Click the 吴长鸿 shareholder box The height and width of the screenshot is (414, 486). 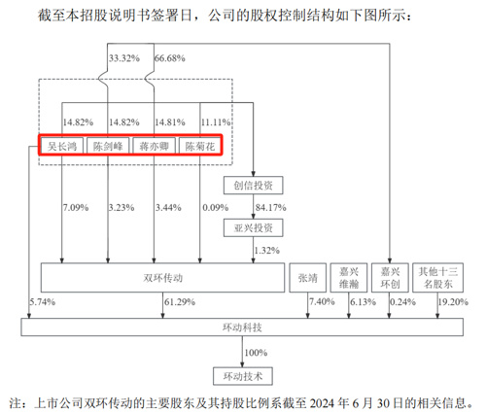tap(62, 146)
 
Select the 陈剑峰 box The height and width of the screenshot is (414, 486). tap(108, 146)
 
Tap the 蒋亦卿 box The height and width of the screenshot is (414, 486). tap(154, 146)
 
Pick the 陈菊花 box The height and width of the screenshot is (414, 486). tap(200, 146)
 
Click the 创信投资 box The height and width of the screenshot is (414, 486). tap(253, 186)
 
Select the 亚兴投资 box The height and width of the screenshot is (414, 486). tap(253, 227)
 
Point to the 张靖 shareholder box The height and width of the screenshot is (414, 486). tap(307, 278)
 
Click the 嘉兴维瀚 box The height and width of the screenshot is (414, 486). tap(349, 278)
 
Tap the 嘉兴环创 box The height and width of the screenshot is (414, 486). tap(390, 278)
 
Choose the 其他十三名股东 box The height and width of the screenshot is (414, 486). tap(437, 278)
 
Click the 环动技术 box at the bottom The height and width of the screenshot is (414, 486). tap(243, 376)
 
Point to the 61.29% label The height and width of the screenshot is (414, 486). tap(180, 302)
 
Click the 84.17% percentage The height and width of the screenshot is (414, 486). tap(270, 207)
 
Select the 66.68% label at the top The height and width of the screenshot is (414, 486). tap(169, 58)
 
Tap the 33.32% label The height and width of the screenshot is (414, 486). tap(124, 58)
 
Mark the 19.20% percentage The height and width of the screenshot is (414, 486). tap(453, 302)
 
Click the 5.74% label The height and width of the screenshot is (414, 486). tap(43, 302)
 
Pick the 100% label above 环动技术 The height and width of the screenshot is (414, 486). tap(256, 353)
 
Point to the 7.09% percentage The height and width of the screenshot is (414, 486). tap(76, 207)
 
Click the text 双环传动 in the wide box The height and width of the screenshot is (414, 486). tap(162, 278)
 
